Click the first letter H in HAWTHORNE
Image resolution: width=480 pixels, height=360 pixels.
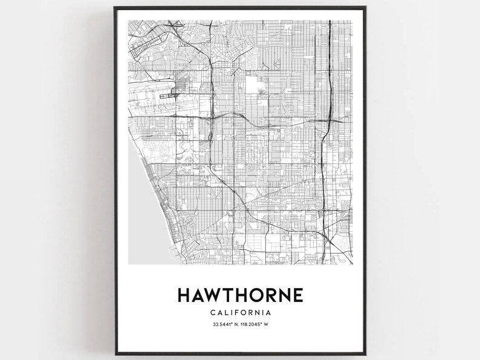pos(184,295)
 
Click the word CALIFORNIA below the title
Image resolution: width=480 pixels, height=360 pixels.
pos(240,313)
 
